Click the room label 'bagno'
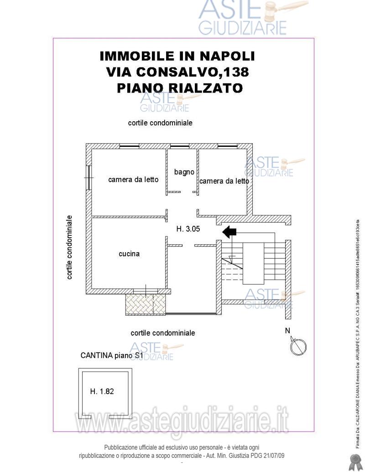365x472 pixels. [x=184, y=172]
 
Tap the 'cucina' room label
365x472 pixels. [x=129, y=254]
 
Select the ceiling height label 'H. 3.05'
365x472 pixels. [x=188, y=229]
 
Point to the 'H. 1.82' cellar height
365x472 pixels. [x=102, y=391]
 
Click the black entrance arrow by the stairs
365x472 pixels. [x=229, y=233]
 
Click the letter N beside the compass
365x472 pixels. [x=287, y=331]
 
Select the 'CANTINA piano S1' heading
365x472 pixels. [x=112, y=355]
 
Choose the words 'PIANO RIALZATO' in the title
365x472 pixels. [x=179, y=88]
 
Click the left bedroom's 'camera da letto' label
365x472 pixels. [x=133, y=179]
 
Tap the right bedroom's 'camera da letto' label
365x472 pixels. [x=224, y=181]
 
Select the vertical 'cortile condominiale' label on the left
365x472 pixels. [x=69, y=247]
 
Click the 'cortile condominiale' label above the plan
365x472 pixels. [x=160, y=123]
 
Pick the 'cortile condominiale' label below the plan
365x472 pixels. [x=163, y=333]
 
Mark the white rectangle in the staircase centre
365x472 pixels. [x=253, y=263]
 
